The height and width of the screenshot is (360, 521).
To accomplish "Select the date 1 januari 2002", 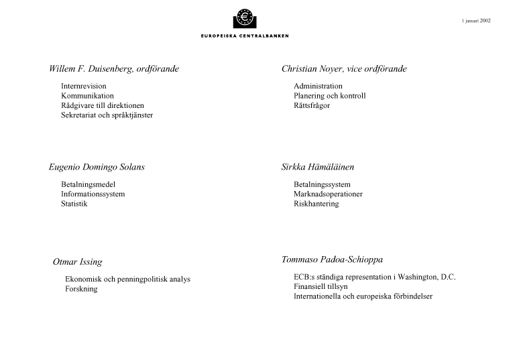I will coord(476,21).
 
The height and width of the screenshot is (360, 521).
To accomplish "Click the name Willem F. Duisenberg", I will coord(90,69).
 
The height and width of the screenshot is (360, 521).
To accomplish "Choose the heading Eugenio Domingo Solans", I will coord(97,167).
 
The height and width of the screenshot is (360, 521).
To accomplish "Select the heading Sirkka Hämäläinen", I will coord(318,167).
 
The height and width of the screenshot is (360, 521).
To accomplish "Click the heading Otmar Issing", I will coord(77,262).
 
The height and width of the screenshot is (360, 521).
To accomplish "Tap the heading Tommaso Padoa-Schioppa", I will coord(333,259).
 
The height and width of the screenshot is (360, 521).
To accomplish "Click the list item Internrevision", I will coord(83,86).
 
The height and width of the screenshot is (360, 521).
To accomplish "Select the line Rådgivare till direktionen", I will coord(102,106).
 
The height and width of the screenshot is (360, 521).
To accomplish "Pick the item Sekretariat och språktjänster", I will coord(107,115).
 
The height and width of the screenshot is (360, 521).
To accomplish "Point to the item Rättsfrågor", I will coord(312,106).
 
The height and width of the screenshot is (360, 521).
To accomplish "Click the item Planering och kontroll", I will coord(329,96).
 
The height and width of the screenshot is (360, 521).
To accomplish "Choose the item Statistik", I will coord(74,204).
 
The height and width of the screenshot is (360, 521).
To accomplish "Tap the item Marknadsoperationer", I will coord(328,194).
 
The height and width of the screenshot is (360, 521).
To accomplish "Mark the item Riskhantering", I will coord(316,204).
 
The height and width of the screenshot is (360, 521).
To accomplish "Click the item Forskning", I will coord(81,289).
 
